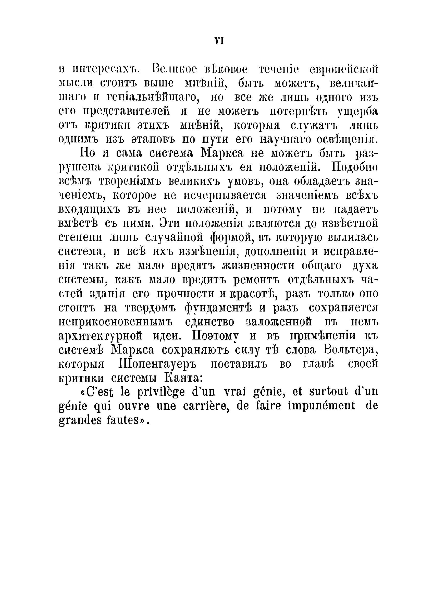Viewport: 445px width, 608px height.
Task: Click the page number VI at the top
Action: pyautogui.click(x=219, y=41)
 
